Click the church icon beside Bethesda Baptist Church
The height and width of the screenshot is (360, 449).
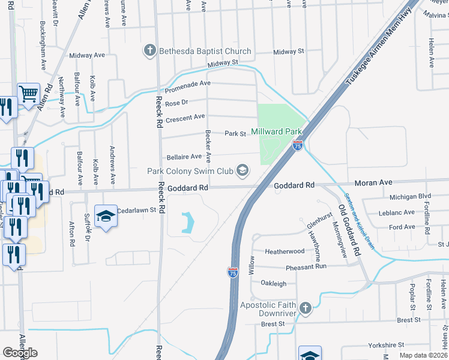tap(150, 51)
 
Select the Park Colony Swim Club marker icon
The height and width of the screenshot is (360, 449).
tap(243, 171)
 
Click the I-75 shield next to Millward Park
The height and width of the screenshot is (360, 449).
tap(297, 145)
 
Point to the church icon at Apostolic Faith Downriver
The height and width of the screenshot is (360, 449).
tap(306, 308)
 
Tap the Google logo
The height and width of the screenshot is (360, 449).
tap(20, 353)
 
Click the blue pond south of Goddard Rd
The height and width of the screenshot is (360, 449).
tap(187, 223)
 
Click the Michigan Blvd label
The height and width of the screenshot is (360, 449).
tap(410, 196)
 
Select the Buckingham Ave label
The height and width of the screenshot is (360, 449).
tap(43, 46)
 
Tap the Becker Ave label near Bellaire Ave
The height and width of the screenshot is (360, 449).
tap(208, 146)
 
